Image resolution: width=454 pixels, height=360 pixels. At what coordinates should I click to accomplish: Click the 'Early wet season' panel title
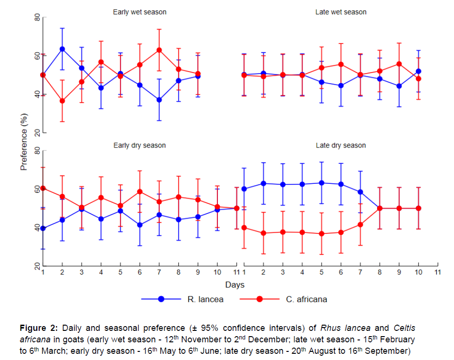(140, 12)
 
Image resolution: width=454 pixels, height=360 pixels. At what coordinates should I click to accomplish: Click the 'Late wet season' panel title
(341, 12)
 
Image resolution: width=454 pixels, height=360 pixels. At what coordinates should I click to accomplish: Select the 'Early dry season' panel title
(140, 145)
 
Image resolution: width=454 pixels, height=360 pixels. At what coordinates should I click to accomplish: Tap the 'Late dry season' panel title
(341, 145)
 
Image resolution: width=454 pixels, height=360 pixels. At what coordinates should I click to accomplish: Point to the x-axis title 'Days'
(235, 285)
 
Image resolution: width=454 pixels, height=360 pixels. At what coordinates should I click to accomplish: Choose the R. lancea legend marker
(162, 299)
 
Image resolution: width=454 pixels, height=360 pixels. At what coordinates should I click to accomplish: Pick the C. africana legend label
(306, 299)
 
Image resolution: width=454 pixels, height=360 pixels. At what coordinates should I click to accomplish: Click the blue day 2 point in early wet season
(62, 49)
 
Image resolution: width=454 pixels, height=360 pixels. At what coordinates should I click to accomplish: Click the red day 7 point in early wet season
(159, 50)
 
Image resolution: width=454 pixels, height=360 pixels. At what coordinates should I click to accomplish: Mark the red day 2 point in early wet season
(62, 101)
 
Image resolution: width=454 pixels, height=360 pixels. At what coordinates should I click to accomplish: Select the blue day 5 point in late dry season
(322, 183)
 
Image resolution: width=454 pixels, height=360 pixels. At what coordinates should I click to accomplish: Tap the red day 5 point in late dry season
(322, 233)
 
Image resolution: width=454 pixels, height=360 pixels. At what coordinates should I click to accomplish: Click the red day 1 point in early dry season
(43, 188)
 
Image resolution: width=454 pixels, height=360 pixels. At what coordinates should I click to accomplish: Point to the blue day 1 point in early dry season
(43, 228)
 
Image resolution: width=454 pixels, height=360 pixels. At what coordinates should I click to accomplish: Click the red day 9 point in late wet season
(399, 64)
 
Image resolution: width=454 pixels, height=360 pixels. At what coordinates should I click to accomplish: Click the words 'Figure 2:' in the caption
(39, 328)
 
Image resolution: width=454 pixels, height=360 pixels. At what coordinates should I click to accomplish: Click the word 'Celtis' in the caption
(404, 328)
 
